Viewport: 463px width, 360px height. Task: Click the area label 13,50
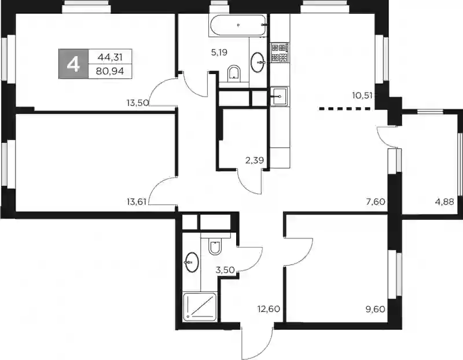click(138, 103)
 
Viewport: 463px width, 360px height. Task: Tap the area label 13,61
click(137, 202)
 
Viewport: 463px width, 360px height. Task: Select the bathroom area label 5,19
click(219, 53)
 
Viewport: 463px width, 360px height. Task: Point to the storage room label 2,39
click(255, 160)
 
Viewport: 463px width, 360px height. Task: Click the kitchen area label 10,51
click(362, 95)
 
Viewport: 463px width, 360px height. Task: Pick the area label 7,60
click(375, 202)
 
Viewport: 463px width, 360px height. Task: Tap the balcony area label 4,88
click(444, 202)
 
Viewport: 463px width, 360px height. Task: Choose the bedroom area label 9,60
click(375, 309)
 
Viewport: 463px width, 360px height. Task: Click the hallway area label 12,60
click(269, 309)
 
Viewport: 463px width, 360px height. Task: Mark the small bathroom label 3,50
click(226, 270)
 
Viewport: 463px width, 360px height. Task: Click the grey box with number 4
click(74, 64)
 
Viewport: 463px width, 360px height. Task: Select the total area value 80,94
click(111, 71)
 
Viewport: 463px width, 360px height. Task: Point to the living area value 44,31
click(110, 57)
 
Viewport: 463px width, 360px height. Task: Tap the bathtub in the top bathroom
click(238, 25)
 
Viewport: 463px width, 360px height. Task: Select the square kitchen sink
click(280, 96)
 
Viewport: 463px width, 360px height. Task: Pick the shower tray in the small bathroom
click(200, 307)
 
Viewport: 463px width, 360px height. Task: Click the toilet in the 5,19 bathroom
click(234, 74)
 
